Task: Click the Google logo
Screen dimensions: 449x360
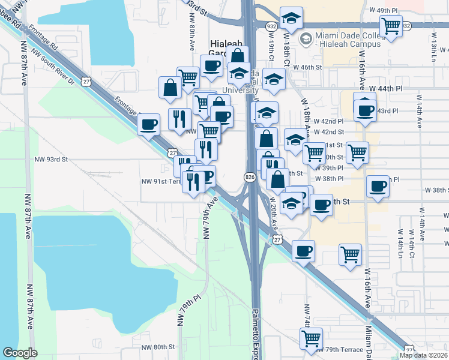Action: coord(20,353)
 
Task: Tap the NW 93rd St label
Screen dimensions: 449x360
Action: coord(51,160)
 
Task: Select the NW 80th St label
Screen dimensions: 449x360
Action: coord(158,347)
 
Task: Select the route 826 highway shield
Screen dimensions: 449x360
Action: coord(250,176)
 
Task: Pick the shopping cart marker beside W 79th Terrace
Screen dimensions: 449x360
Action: coord(311,338)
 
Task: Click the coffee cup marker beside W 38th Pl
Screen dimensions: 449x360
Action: coord(378,187)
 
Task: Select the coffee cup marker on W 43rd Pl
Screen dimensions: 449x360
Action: coord(364,110)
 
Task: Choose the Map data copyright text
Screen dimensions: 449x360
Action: coord(424,355)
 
